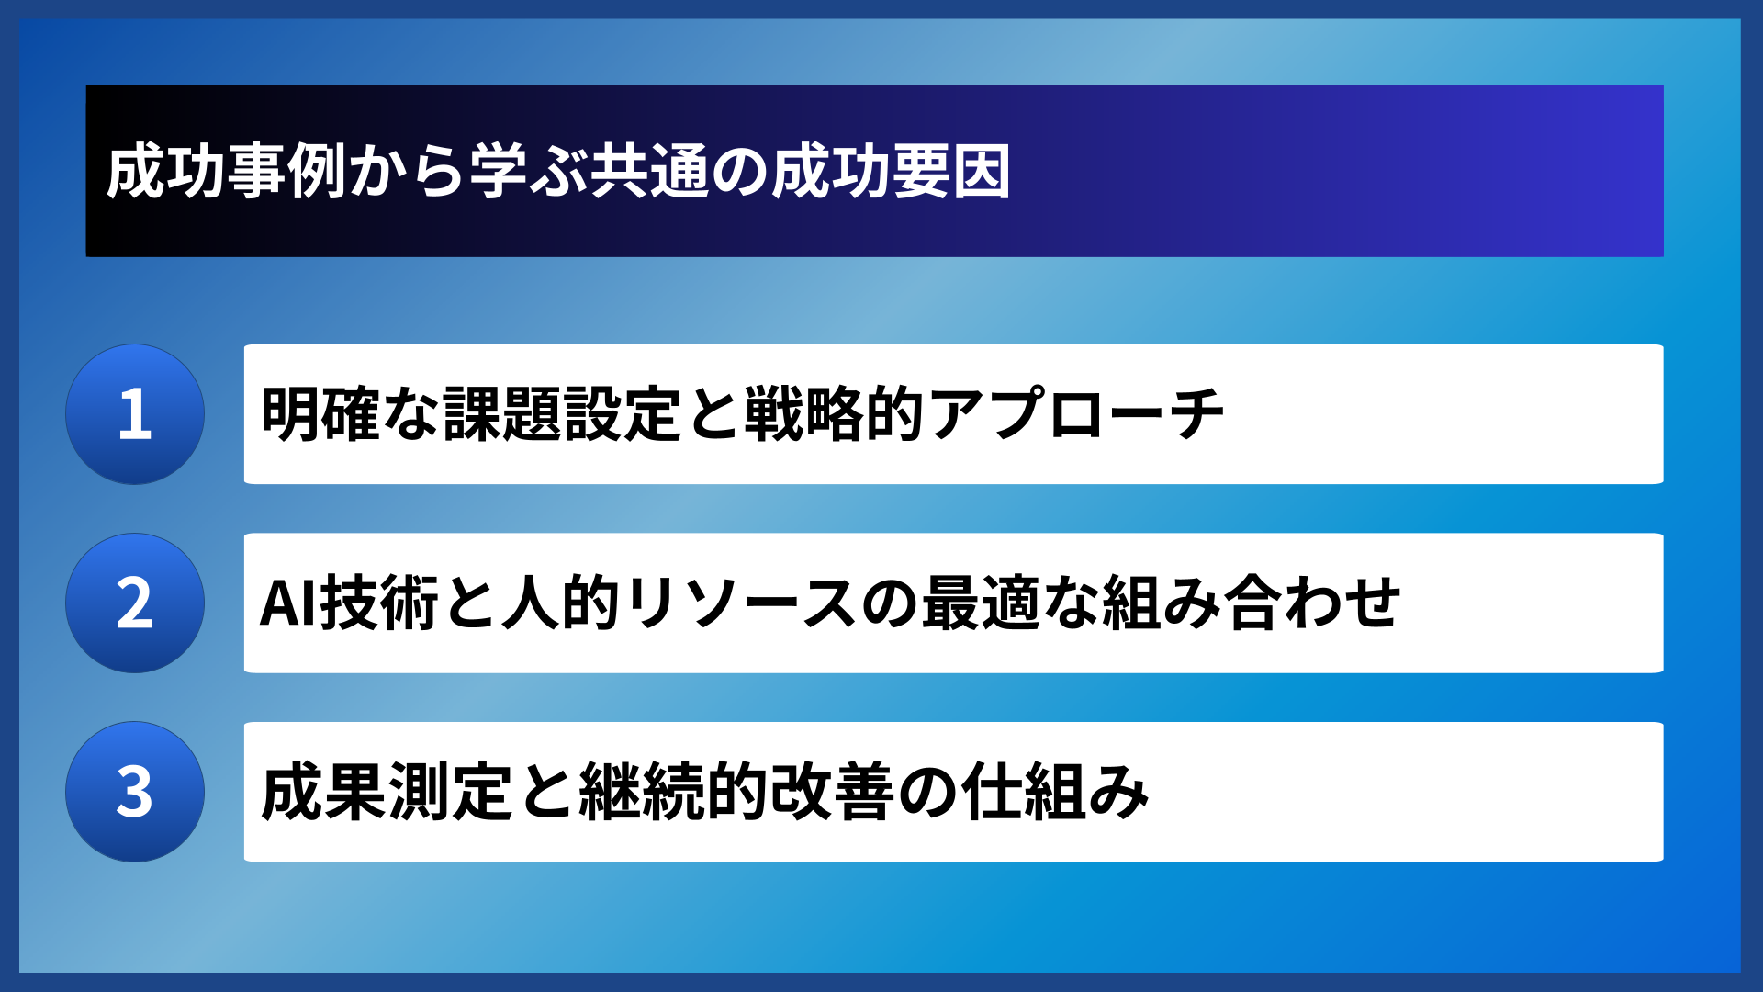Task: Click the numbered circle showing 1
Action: pos(135,414)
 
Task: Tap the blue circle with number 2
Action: pos(135,603)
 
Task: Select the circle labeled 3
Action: pos(135,792)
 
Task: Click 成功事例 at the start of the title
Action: pos(226,172)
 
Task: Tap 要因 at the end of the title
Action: pos(951,172)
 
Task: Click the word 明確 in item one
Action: pos(320,414)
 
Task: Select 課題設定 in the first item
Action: pos(563,414)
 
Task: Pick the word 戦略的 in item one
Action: pos(834,414)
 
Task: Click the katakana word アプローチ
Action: pos(1075,414)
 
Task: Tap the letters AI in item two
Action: pos(287,603)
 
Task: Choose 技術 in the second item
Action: pos(378,603)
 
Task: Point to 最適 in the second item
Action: pos(981,603)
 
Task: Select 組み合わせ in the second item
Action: pos(1251,603)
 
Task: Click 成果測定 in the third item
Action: pos(386,792)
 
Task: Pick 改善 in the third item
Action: pos(832,792)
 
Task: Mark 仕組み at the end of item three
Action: pos(1056,792)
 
